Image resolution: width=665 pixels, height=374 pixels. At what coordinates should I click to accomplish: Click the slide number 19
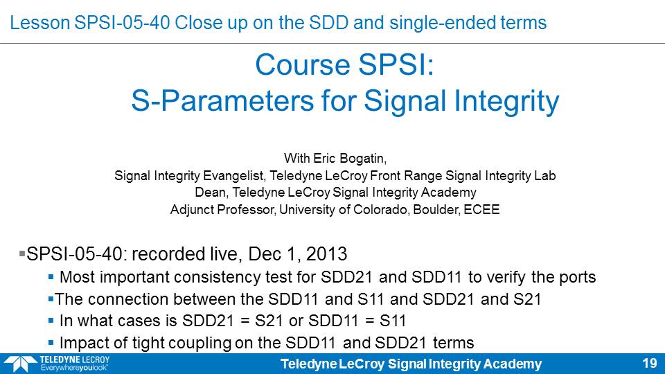pyautogui.click(x=650, y=364)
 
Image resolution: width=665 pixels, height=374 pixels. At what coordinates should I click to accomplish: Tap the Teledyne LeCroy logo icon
pyautogui.click(x=20, y=364)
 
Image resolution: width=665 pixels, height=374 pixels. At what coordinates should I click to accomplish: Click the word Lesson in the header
pyautogui.click(x=39, y=22)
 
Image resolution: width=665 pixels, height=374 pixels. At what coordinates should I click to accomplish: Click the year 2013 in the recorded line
pyautogui.click(x=326, y=254)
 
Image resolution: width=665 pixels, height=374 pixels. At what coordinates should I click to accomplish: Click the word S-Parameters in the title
pyautogui.click(x=223, y=101)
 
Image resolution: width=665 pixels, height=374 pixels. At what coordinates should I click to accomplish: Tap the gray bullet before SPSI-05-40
pyautogui.click(x=22, y=254)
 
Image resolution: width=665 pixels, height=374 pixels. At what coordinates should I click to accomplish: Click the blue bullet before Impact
pyautogui.click(x=51, y=342)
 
